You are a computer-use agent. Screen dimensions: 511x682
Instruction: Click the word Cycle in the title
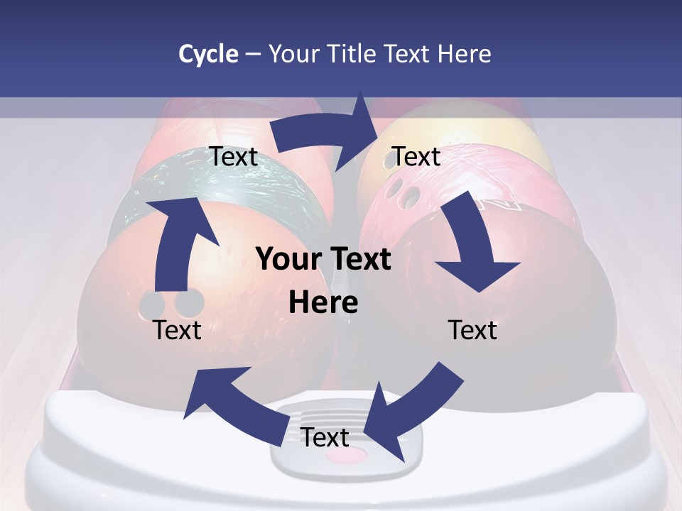point(208,53)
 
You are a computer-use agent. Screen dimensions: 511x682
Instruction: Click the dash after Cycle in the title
point(253,54)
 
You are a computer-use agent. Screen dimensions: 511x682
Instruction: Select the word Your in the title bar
point(293,53)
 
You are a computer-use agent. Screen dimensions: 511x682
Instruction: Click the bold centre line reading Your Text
point(323,259)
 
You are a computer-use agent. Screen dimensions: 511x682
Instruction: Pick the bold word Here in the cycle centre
point(323,303)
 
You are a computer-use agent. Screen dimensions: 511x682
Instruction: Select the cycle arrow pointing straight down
point(472,248)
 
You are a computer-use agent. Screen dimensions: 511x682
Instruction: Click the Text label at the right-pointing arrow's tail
point(233,157)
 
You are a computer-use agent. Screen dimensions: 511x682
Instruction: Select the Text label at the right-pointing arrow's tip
point(416,156)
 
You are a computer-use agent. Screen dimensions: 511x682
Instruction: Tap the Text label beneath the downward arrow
point(472,330)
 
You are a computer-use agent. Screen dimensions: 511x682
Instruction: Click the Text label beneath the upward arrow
point(177,330)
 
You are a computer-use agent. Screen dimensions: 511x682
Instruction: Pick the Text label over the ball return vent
point(325,437)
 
